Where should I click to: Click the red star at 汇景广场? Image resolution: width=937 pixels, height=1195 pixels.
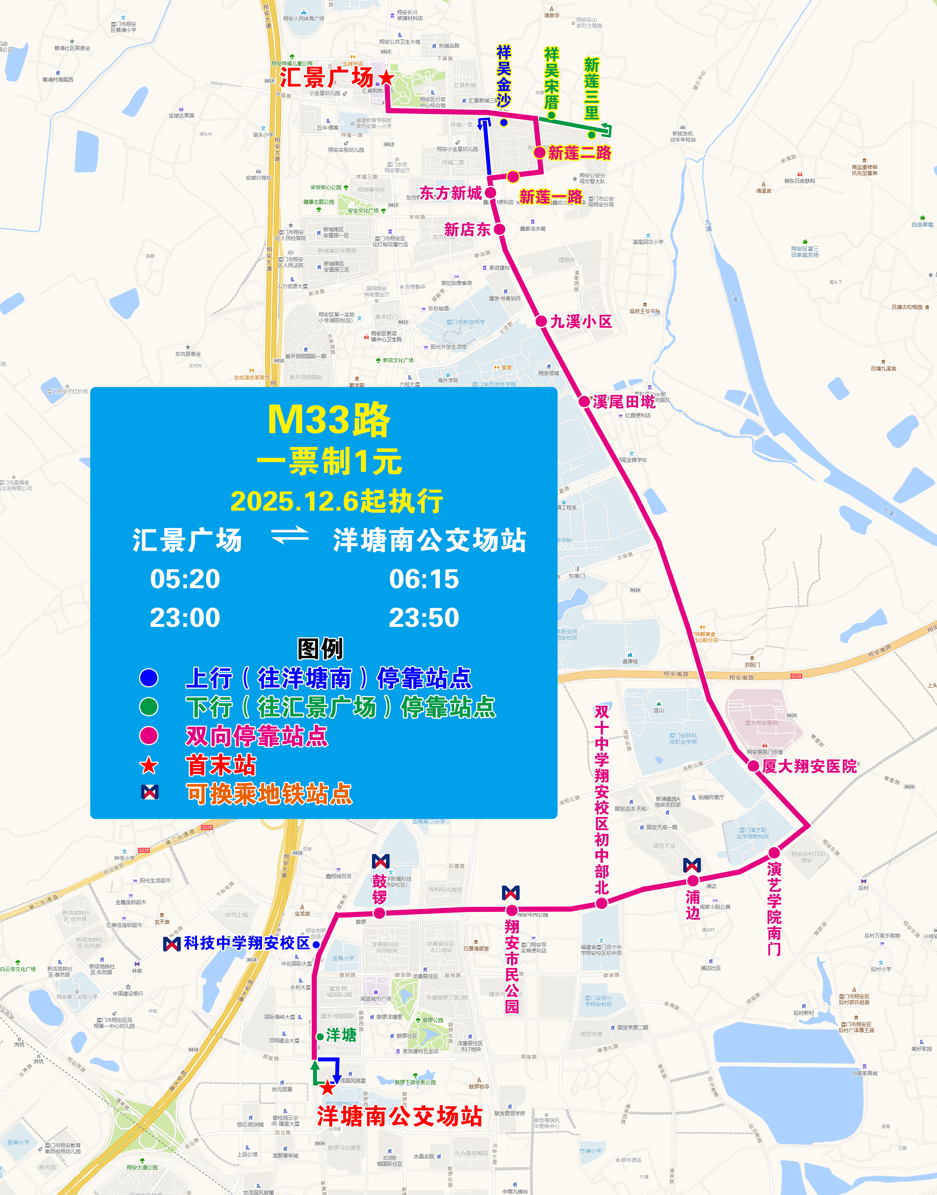coord(386,77)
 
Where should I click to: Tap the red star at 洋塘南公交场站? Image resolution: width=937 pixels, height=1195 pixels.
coord(327,1087)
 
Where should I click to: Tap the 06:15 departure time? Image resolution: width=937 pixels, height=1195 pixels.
coord(424,579)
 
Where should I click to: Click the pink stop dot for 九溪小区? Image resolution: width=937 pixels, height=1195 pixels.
coord(541,321)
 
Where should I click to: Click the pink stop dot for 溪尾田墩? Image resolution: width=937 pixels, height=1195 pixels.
coord(584,401)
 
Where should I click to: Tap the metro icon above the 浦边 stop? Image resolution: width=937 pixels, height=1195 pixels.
coord(692,865)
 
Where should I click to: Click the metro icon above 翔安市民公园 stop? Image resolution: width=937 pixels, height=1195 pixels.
coord(511,893)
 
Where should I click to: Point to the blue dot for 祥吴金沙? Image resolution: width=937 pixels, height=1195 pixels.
coord(504,122)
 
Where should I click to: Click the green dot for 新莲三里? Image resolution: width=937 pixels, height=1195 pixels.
coord(591,134)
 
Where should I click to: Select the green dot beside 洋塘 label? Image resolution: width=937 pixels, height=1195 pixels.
coord(320,1037)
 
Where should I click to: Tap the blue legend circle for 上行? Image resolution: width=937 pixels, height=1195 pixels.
coord(149,678)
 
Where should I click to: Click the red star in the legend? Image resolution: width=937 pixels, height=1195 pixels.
coord(149,765)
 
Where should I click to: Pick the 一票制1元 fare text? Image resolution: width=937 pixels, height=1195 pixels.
coord(329,462)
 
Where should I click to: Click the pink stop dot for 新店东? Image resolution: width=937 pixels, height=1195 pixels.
coord(499,229)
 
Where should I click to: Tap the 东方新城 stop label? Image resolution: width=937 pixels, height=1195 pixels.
coord(450,193)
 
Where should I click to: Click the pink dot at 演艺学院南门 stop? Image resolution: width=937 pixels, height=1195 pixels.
coord(774,853)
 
